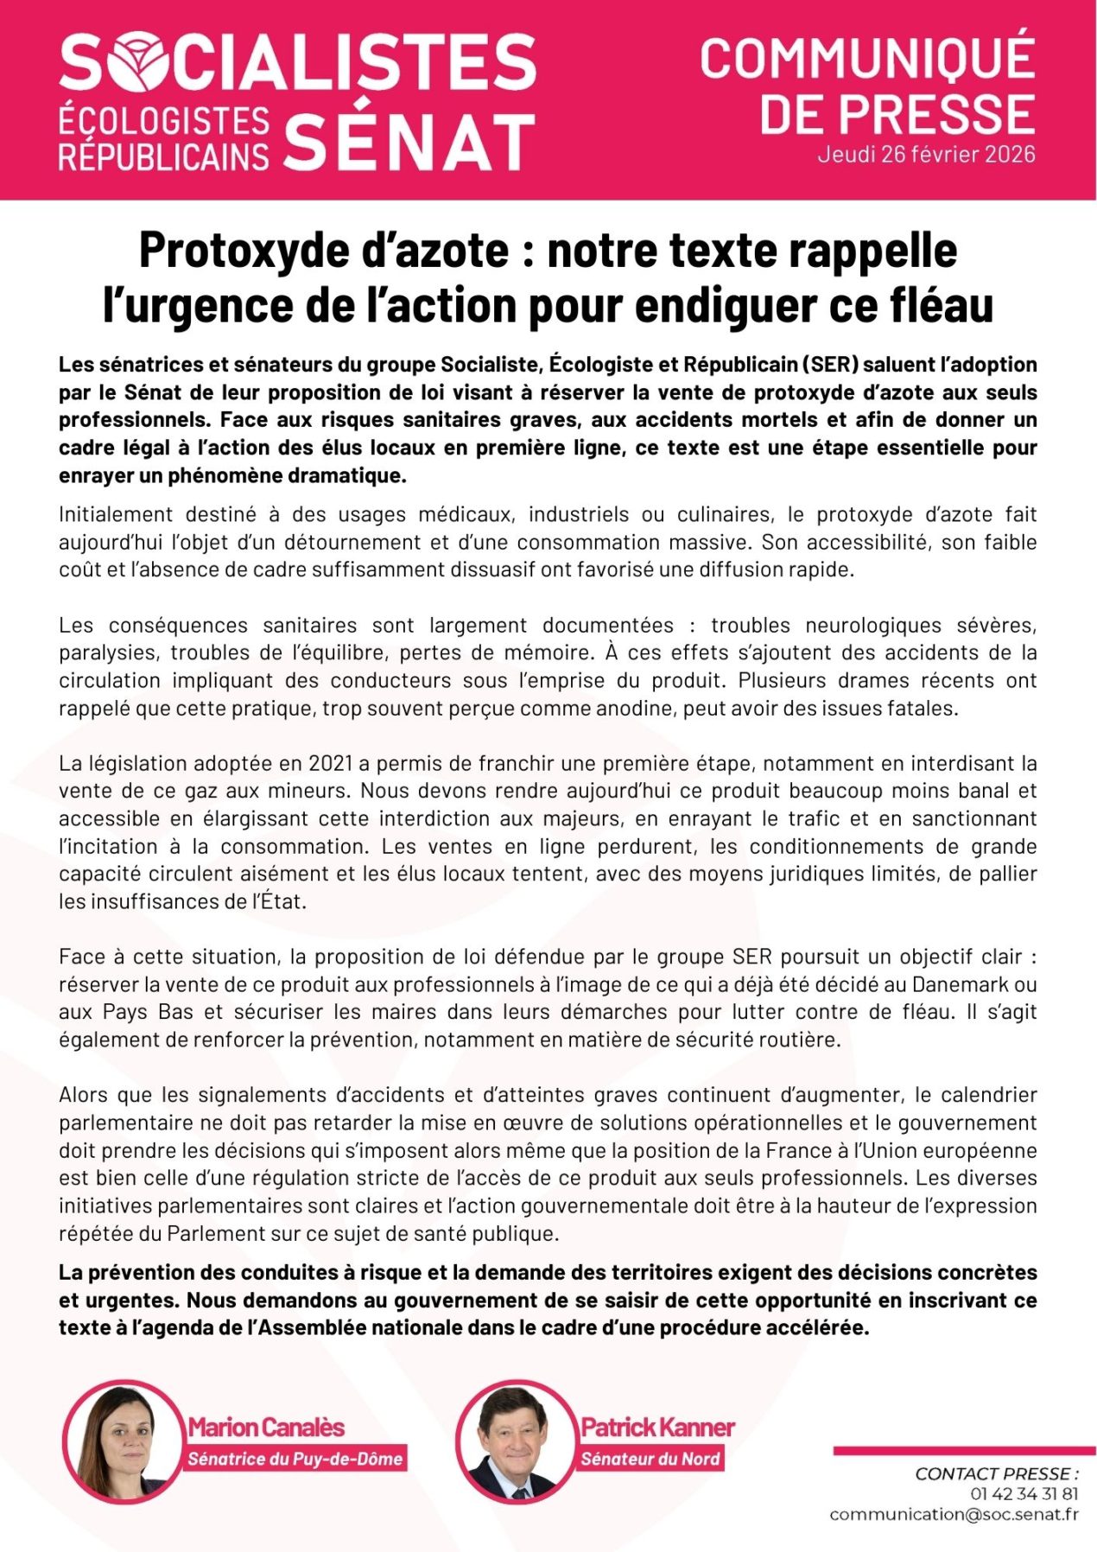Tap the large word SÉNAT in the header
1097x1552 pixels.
[409, 142]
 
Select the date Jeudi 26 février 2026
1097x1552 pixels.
[926, 155]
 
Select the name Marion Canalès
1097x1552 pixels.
[266, 1428]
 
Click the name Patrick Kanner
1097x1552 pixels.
[657, 1428]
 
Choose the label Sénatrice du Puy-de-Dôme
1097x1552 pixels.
[295, 1460]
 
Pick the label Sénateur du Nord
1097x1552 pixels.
[650, 1460]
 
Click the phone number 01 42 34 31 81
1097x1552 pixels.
[1024, 1493]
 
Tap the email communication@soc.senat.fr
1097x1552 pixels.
[954, 1514]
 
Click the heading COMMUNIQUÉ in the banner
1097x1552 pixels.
[867, 59]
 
